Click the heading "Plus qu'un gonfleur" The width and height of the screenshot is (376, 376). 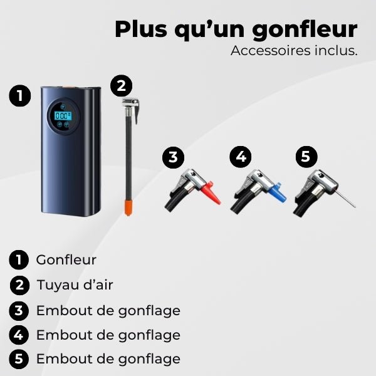236,29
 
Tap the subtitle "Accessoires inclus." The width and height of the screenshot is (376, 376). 294,51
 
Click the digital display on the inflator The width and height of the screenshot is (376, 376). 63,116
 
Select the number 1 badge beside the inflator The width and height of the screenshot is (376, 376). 21,96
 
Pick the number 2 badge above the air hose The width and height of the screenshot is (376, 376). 122,85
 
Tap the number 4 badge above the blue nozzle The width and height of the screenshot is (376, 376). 239,157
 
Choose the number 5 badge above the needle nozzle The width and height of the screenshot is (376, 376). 305,157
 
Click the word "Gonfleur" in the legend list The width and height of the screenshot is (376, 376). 66,259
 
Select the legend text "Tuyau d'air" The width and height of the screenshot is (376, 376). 75,285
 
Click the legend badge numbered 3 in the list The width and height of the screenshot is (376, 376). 20,310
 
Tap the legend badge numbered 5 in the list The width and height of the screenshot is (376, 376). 20,359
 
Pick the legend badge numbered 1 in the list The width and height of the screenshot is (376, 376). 20,259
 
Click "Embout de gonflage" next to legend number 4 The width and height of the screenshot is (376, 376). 108,335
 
